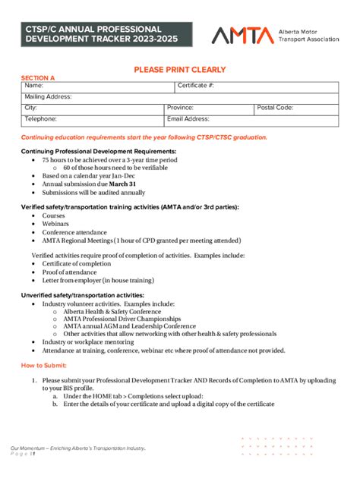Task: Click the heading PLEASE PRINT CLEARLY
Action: pyautogui.click(x=180, y=69)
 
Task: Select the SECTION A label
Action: pyautogui.click(x=37, y=77)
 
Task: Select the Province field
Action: pyautogui.click(x=209, y=108)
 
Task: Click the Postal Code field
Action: pyautogui.click(x=296, y=108)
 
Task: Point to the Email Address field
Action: pyautogui.click(x=251, y=119)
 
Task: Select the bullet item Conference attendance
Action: pyautogui.click(x=74, y=232)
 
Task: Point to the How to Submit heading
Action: pyautogui.click(x=45, y=365)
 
